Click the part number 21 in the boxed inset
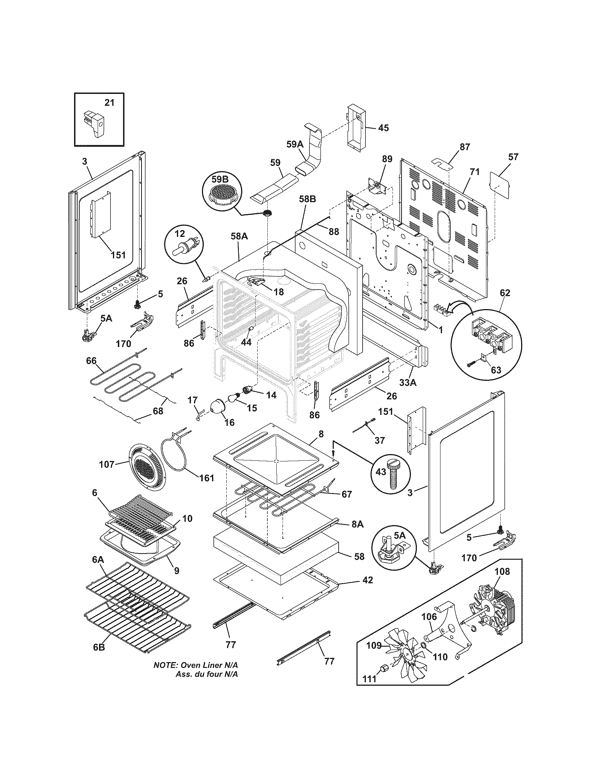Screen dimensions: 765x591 tap(110, 103)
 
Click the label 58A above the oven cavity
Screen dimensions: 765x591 tap(240, 236)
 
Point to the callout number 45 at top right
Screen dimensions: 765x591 tap(383, 128)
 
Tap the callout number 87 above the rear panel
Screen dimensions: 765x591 tap(465, 147)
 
